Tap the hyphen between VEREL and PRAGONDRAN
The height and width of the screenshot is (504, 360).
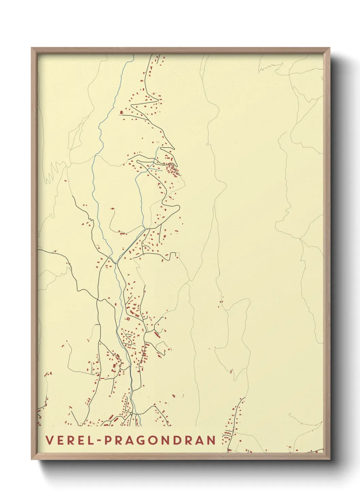[99, 441]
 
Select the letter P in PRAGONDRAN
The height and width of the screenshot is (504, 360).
[108, 440]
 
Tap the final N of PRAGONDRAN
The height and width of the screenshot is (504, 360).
[212, 440]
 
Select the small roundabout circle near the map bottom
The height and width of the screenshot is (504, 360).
[131, 413]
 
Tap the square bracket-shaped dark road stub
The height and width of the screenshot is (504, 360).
[174, 254]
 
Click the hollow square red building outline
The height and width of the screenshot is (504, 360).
[128, 319]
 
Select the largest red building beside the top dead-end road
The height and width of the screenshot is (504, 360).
[121, 112]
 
